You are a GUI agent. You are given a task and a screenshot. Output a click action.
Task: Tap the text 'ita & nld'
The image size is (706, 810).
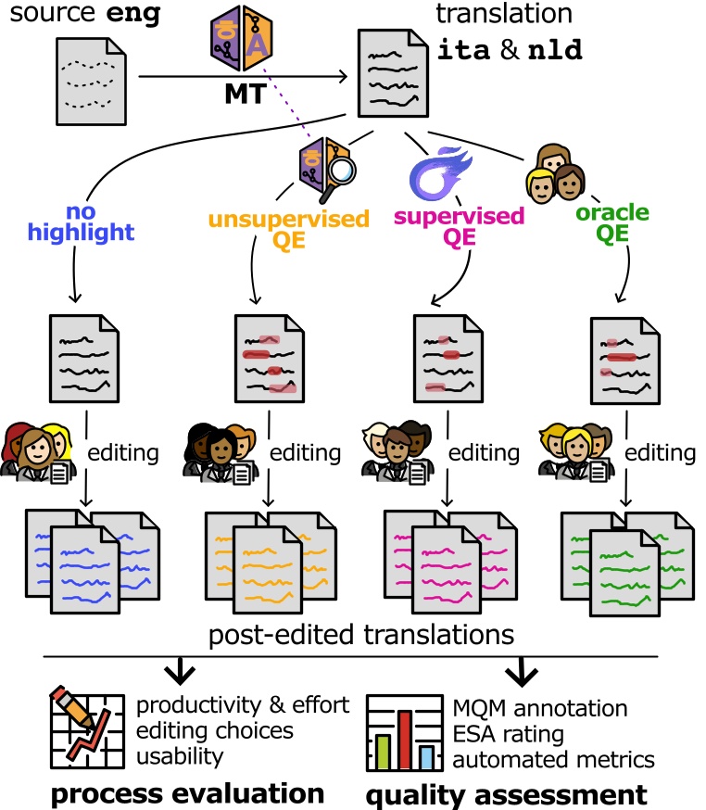point(509,50)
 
